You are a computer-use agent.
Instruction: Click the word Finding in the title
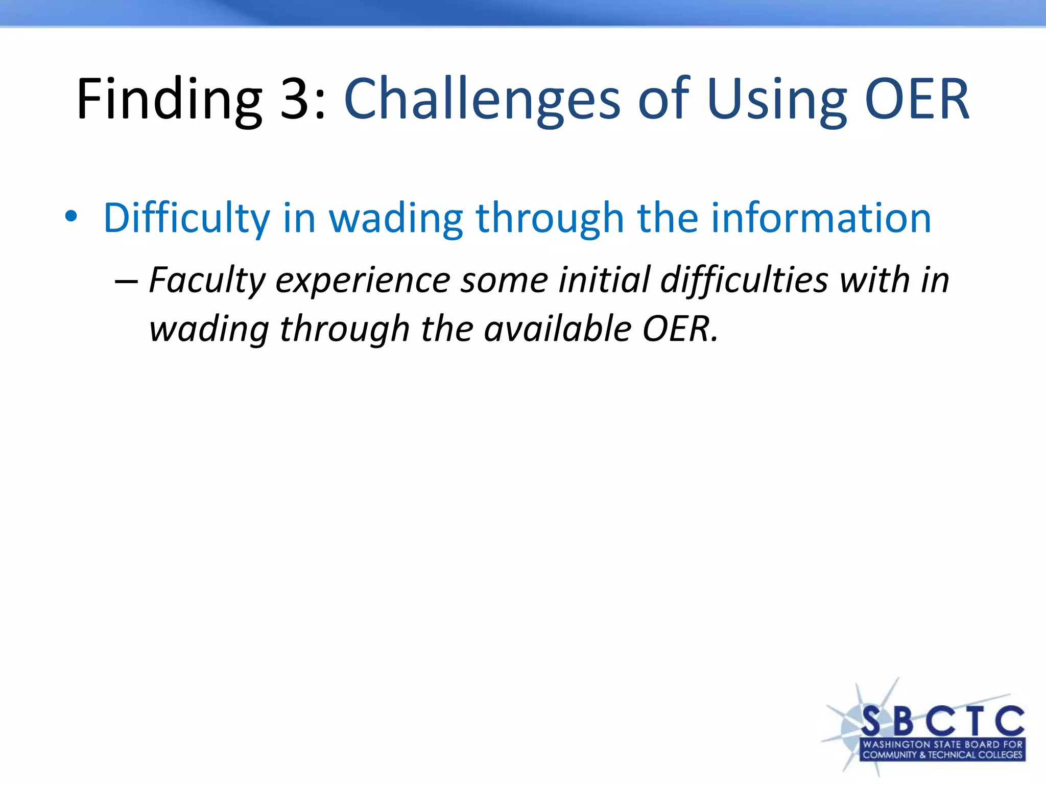169,100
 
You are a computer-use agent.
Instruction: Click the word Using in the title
776,100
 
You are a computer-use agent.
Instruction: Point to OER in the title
917,100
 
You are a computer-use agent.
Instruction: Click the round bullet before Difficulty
71,217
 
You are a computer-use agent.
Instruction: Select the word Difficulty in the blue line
186,219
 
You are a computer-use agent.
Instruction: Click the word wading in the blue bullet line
396,219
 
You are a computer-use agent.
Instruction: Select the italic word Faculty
207,281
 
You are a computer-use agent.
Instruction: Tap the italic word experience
363,281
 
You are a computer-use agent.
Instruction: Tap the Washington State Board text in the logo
942,744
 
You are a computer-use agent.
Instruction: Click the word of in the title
664,100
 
